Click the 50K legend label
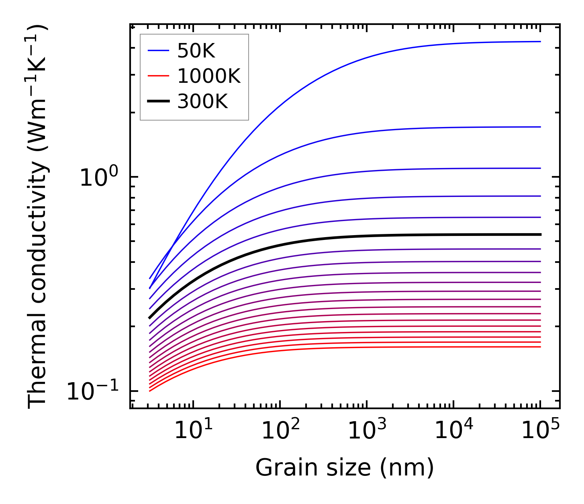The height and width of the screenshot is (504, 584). tap(196, 51)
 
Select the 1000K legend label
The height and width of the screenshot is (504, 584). tap(209, 76)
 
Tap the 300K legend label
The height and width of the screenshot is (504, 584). tap(202, 102)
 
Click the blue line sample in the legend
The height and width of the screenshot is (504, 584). tap(159, 51)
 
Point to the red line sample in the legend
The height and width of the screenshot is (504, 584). tap(159, 76)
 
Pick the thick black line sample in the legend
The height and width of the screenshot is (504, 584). tap(159, 102)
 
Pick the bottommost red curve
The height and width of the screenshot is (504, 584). tap(361, 348)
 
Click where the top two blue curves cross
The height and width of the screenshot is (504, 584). tap(172, 246)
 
